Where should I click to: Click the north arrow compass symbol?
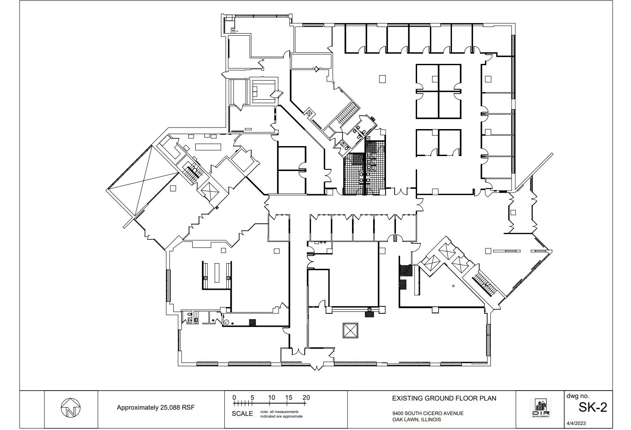(x=71, y=408)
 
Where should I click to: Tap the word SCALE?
(x=242, y=414)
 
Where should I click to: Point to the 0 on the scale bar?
(x=234, y=398)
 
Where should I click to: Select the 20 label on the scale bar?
(x=306, y=398)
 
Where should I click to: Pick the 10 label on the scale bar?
(x=271, y=398)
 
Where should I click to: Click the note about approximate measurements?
(x=281, y=414)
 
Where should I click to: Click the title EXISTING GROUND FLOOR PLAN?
(x=444, y=398)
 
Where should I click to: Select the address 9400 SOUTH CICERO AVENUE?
(x=428, y=413)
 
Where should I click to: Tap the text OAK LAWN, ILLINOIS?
(x=417, y=420)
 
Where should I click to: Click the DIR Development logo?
(x=541, y=408)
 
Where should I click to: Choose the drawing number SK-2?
(x=592, y=408)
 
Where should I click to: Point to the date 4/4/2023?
(x=576, y=423)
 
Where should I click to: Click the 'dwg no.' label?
(x=578, y=396)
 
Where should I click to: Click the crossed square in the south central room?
(x=350, y=331)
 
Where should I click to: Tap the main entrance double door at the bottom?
(x=317, y=366)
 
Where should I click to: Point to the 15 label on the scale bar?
(x=289, y=398)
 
